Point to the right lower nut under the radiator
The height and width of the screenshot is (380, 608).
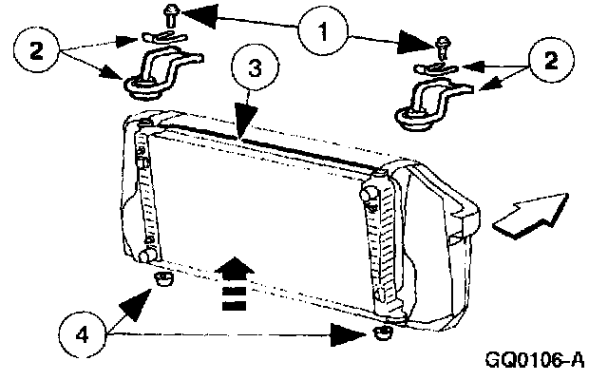coord(383,333)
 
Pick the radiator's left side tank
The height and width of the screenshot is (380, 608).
coord(144,195)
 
